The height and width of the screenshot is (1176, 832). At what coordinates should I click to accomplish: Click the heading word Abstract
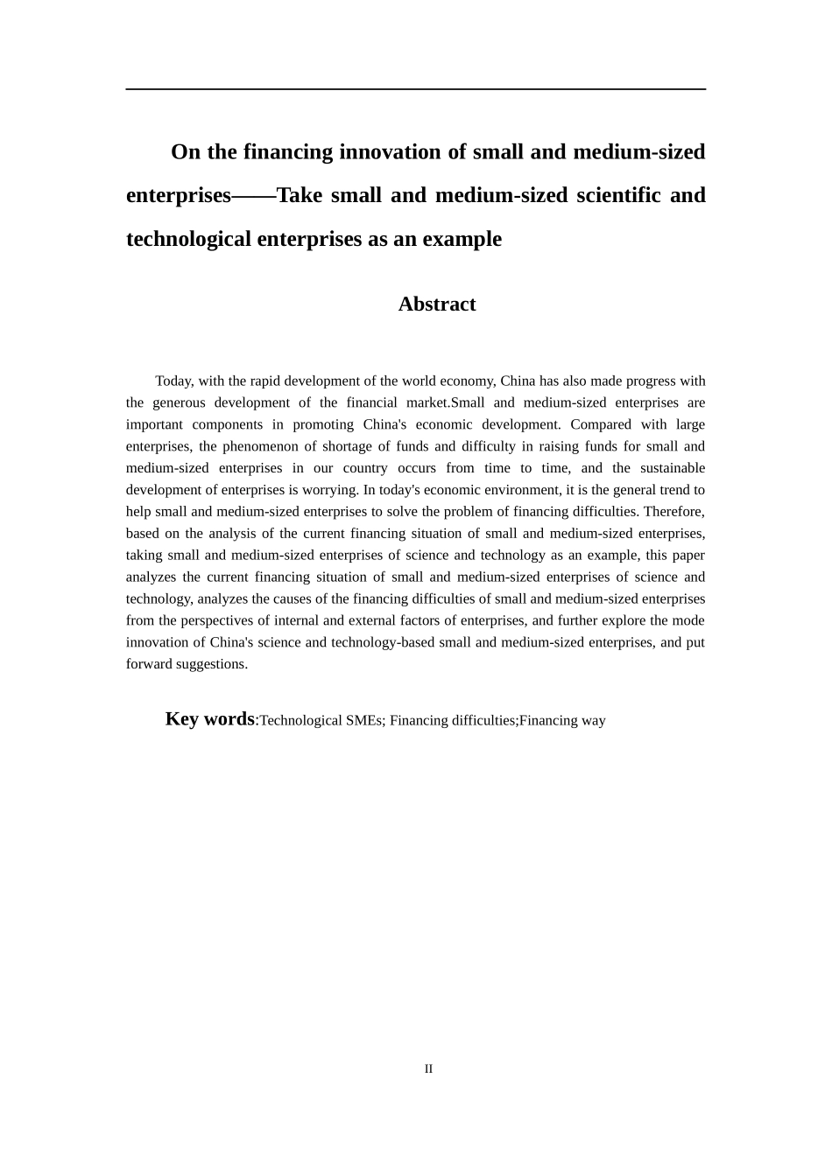[x=436, y=304]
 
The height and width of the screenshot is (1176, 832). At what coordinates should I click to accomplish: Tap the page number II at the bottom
[x=428, y=1068]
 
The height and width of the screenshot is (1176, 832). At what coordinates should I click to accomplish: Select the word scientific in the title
[x=618, y=195]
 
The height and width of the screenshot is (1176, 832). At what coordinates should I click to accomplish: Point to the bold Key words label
[x=209, y=719]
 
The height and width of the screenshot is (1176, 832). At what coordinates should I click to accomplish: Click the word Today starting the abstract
[x=173, y=381]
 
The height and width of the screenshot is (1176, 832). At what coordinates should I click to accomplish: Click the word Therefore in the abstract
[x=674, y=512]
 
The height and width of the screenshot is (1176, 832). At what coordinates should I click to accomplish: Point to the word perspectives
[x=207, y=620]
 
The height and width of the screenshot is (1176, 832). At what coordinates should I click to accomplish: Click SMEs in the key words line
[x=365, y=721]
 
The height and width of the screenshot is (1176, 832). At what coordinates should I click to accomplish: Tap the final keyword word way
[x=593, y=721]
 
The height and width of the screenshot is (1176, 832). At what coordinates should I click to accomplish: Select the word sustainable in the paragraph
[x=672, y=468]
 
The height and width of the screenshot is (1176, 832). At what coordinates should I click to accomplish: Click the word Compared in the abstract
[x=600, y=424]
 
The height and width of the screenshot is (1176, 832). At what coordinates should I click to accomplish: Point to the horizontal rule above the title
[x=415, y=89]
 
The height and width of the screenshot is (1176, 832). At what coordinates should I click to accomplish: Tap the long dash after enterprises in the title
[x=253, y=196]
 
